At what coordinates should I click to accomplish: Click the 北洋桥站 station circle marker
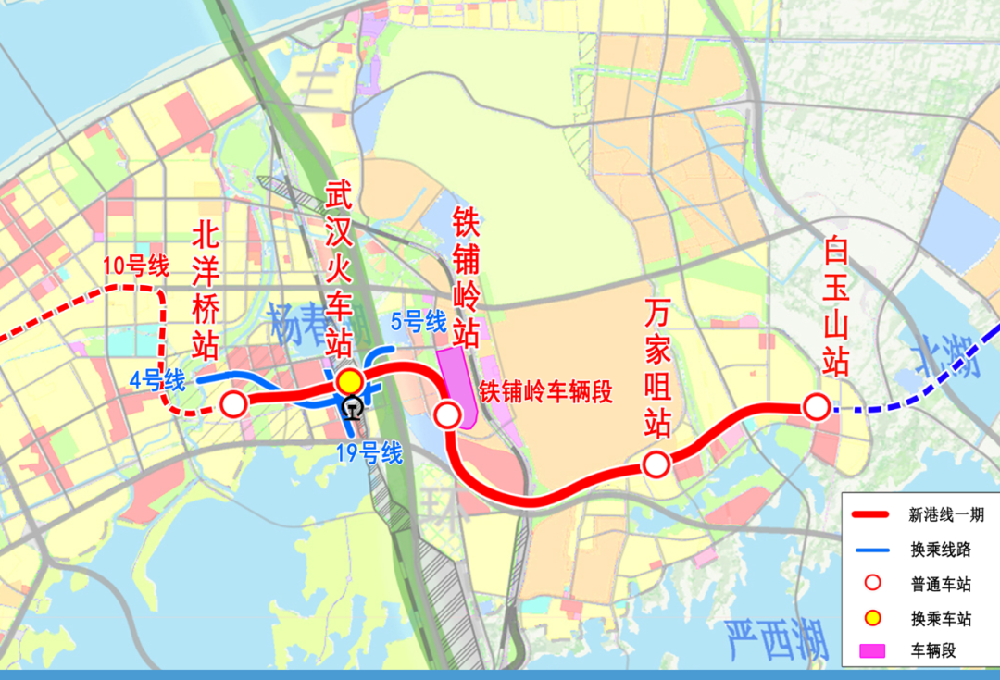[233, 403]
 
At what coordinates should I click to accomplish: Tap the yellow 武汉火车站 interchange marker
[349, 381]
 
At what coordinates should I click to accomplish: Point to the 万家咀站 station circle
[656, 464]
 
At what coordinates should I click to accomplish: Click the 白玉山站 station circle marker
[816, 406]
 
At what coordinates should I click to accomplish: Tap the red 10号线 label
[135, 268]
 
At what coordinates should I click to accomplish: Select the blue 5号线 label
[419, 323]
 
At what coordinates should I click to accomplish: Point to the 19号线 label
[370, 453]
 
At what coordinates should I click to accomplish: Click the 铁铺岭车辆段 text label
[545, 391]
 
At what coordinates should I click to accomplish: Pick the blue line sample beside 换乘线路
[871, 550]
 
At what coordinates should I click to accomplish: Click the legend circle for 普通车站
[871, 584]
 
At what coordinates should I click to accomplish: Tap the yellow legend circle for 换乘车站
[871, 617]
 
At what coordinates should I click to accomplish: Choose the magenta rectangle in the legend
[871, 650]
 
